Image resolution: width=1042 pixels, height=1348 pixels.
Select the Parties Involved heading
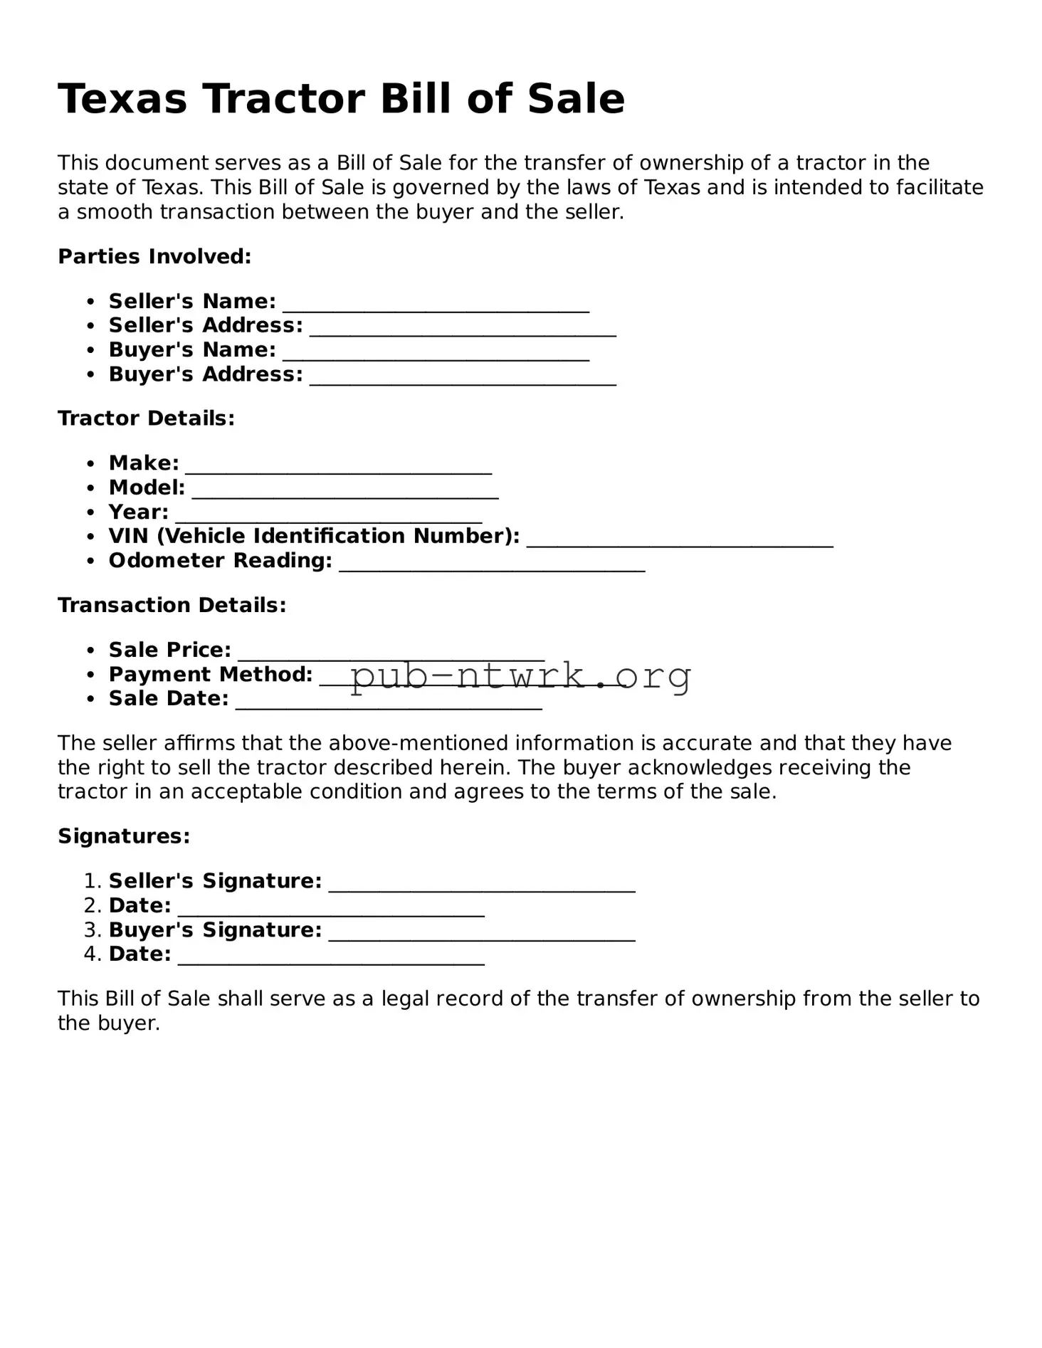(x=154, y=257)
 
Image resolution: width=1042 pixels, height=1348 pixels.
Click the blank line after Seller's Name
(x=436, y=306)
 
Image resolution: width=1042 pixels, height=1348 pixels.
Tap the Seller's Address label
(x=205, y=326)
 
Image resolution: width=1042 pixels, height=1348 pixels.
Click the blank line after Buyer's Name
(x=436, y=355)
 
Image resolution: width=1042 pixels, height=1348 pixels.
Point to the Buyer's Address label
(x=205, y=375)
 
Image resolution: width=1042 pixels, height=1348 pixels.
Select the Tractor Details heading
(x=146, y=418)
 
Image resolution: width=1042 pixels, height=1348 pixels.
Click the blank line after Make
(x=338, y=468)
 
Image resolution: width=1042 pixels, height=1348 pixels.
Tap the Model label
(x=147, y=488)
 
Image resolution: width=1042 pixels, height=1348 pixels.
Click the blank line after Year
(x=328, y=517)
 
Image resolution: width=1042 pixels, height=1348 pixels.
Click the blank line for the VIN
(x=680, y=542)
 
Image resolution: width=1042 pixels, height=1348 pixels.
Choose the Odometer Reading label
(x=220, y=562)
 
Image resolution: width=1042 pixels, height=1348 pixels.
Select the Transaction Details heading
(x=172, y=606)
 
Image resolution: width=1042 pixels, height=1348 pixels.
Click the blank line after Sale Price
(x=391, y=655)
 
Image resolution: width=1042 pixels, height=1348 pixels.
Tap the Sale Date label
(x=169, y=699)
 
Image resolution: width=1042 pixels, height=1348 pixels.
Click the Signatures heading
(x=124, y=836)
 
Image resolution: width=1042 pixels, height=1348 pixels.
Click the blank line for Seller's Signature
(x=482, y=886)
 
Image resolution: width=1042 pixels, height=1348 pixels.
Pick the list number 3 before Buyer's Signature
(x=93, y=930)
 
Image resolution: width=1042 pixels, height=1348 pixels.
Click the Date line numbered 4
(x=331, y=959)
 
